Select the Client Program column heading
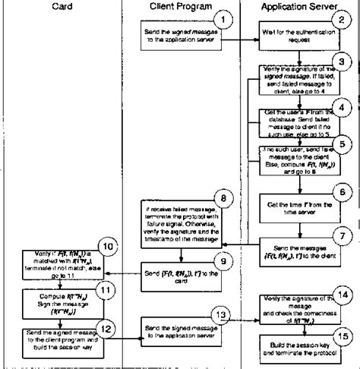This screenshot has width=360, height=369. [x=180, y=7]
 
